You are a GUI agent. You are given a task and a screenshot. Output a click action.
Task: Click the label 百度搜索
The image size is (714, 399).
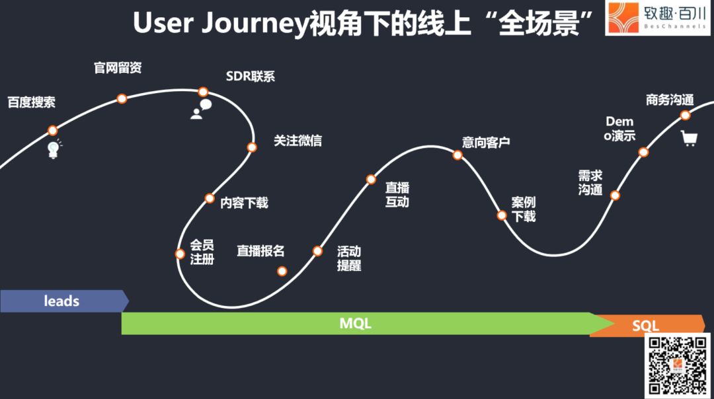pyautogui.click(x=32, y=102)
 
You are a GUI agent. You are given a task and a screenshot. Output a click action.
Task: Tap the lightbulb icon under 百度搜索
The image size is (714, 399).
pyautogui.click(x=54, y=149)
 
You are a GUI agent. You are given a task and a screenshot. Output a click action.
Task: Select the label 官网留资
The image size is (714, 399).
pyautogui.click(x=118, y=68)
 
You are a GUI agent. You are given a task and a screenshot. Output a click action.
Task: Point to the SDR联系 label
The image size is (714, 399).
pyautogui.click(x=251, y=77)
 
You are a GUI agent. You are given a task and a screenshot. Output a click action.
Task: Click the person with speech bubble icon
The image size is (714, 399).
pyautogui.click(x=201, y=109)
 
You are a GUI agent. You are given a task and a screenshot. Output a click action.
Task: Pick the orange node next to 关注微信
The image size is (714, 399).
pyautogui.click(x=252, y=147)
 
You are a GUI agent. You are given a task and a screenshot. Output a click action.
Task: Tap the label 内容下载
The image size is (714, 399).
pyautogui.click(x=244, y=202)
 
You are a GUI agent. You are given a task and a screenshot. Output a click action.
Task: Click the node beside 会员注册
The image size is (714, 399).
pyautogui.click(x=180, y=254)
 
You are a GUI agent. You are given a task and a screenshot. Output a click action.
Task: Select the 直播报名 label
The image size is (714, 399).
pyautogui.click(x=260, y=250)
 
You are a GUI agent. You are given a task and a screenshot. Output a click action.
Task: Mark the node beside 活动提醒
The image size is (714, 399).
pyautogui.click(x=317, y=250)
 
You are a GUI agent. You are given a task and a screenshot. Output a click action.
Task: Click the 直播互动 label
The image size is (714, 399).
pyautogui.click(x=397, y=195)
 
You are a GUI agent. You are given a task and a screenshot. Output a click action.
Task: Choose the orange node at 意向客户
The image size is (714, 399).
pyautogui.click(x=457, y=155)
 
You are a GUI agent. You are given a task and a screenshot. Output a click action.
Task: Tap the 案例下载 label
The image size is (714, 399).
pyautogui.click(x=524, y=209)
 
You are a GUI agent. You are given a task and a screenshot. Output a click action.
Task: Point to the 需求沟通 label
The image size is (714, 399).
pyautogui.click(x=590, y=182)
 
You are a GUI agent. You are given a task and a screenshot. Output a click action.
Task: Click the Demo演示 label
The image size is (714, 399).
pyautogui.click(x=619, y=128)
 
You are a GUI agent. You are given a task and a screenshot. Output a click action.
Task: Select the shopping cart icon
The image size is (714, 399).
pyautogui.click(x=689, y=138)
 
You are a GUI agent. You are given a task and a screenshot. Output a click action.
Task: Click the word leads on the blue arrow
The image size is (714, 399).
pyautogui.click(x=61, y=301)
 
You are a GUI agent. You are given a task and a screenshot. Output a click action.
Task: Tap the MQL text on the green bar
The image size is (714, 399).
pyautogui.click(x=356, y=324)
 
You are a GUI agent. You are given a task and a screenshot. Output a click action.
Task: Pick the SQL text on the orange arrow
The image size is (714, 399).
pyautogui.click(x=646, y=326)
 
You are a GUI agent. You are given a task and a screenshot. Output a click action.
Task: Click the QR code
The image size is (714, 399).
pyautogui.click(x=678, y=366)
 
